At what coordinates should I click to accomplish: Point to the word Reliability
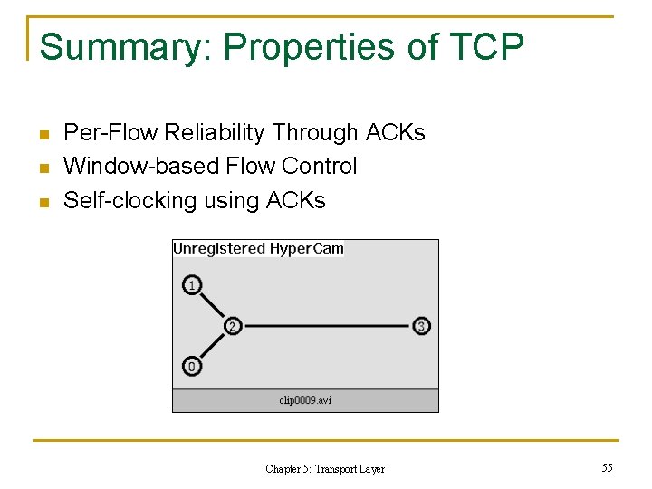215,133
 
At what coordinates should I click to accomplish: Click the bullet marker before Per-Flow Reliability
43,135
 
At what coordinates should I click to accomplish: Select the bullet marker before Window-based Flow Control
43,168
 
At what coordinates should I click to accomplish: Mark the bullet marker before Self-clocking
43,202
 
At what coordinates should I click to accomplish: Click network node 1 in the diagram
191,285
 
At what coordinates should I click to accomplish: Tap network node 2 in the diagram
233,326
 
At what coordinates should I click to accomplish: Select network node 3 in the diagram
421,326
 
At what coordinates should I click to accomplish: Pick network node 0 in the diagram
191,367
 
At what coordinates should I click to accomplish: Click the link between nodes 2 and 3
326,326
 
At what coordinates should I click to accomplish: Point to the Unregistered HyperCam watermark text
258,249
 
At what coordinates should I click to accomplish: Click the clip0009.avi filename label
305,400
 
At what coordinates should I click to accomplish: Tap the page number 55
607,467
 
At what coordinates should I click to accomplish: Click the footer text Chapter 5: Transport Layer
325,469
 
